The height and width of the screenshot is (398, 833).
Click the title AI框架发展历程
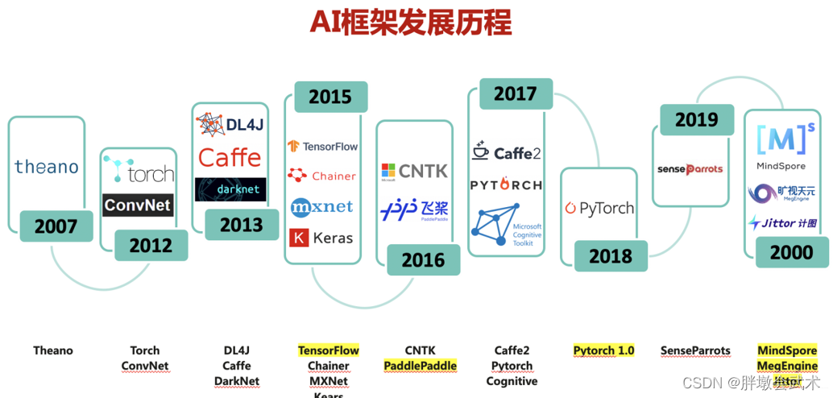tap(410, 23)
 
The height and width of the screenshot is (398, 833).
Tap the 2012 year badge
tap(151, 245)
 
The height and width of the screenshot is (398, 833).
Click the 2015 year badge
tap(330, 97)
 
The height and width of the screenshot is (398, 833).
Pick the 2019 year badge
tap(696, 119)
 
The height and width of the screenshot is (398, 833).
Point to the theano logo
tap(47, 167)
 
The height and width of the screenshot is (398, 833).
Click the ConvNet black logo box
tap(138, 205)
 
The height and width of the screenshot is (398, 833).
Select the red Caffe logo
tap(230, 157)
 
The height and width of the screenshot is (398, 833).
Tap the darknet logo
tap(230, 189)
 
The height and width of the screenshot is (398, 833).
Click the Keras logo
tap(321, 238)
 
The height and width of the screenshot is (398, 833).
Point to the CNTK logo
tap(414, 171)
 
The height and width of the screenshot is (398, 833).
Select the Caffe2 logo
tap(507, 151)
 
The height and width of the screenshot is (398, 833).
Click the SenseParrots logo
tap(690, 169)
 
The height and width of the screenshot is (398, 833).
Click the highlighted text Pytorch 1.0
tap(603, 350)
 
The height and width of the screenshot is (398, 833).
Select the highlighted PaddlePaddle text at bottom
tap(420, 366)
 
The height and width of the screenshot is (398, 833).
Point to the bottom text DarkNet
tap(237, 381)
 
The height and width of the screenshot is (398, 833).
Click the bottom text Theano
tap(53, 350)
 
